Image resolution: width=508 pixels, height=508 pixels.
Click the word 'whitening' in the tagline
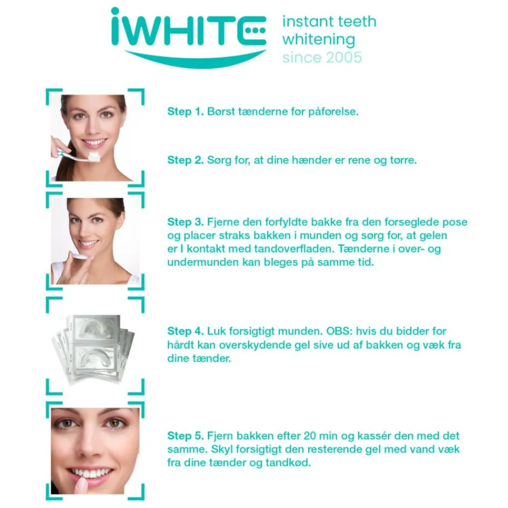point(319,40)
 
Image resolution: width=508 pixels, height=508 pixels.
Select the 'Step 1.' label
point(186,112)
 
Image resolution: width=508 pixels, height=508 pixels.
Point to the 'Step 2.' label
point(186,160)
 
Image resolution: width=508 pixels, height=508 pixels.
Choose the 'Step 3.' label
point(186,222)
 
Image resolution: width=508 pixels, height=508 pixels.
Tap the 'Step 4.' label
point(186,331)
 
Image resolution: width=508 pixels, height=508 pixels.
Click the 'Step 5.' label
point(186,436)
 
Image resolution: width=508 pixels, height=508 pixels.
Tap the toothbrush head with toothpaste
point(93,157)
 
